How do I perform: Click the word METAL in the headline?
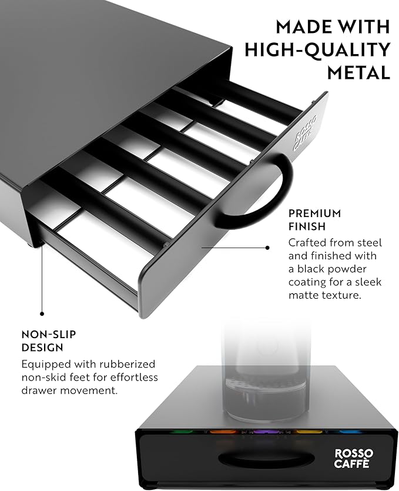pyautogui.click(x=358, y=72)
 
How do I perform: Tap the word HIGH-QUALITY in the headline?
pyautogui.click(x=317, y=50)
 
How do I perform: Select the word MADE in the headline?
pyautogui.click(x=302, y=26)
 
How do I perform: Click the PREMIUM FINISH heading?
pyautogui.click(x=315, y=219)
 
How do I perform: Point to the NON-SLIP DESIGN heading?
pyautogui.click(x=49, y=340)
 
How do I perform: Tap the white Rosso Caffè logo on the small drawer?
pyautogui.click(x=354, y=459)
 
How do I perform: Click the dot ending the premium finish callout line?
pyautogui.click(x=267, y=248)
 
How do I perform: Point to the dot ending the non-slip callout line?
pyautogui.click(x=42, y=313)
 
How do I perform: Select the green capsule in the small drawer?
pyautogui.click(x=182, y=432)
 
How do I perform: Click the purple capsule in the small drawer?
pyautogui.click(x=266, y=432)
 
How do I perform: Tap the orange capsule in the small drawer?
pyautogui.click(x=222, y=432)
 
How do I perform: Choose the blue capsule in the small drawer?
pyautogui.click(x=350, y=432)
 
